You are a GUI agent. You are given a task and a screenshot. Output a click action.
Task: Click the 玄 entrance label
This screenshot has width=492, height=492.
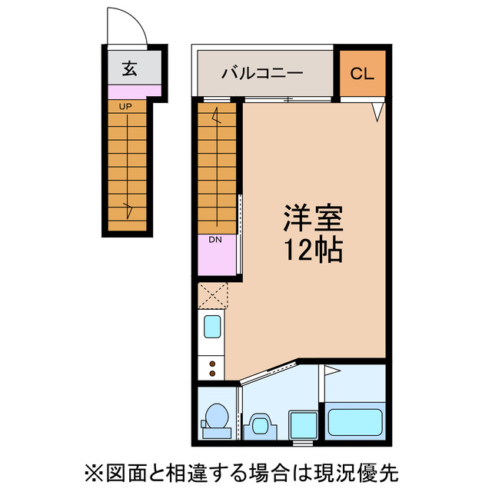pos(129,69)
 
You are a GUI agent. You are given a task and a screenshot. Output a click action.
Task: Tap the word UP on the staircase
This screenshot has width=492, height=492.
pos(123,106)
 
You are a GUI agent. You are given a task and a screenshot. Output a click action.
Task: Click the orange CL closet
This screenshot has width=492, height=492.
pos(362,74)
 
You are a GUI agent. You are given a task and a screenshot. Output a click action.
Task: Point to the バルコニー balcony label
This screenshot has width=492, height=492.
pos(262,74)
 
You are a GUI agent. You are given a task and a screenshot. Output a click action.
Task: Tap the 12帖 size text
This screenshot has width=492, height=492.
pos(312,251)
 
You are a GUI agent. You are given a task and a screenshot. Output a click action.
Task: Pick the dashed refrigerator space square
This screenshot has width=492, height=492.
pos(212,295)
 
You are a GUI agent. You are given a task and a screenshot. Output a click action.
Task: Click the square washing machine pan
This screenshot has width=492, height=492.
pos(301,424)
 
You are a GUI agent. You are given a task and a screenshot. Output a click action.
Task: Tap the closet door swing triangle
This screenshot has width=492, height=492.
pos(377,111)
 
